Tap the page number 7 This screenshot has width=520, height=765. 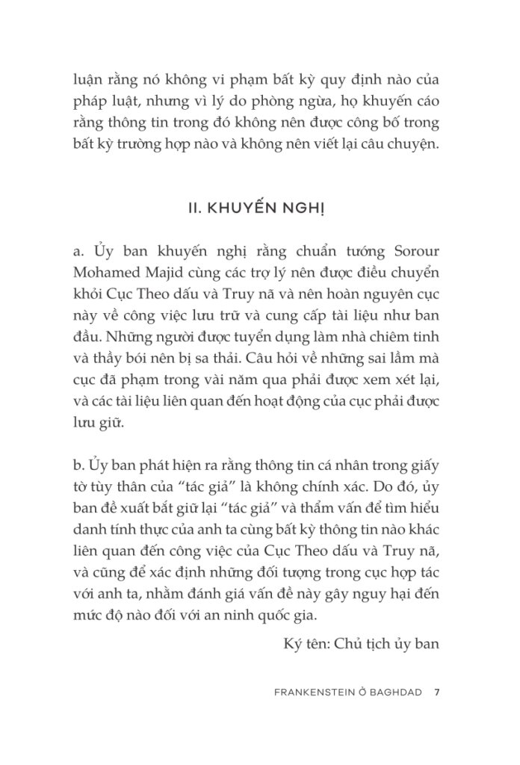pyautogui.click(x=437, y=692)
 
